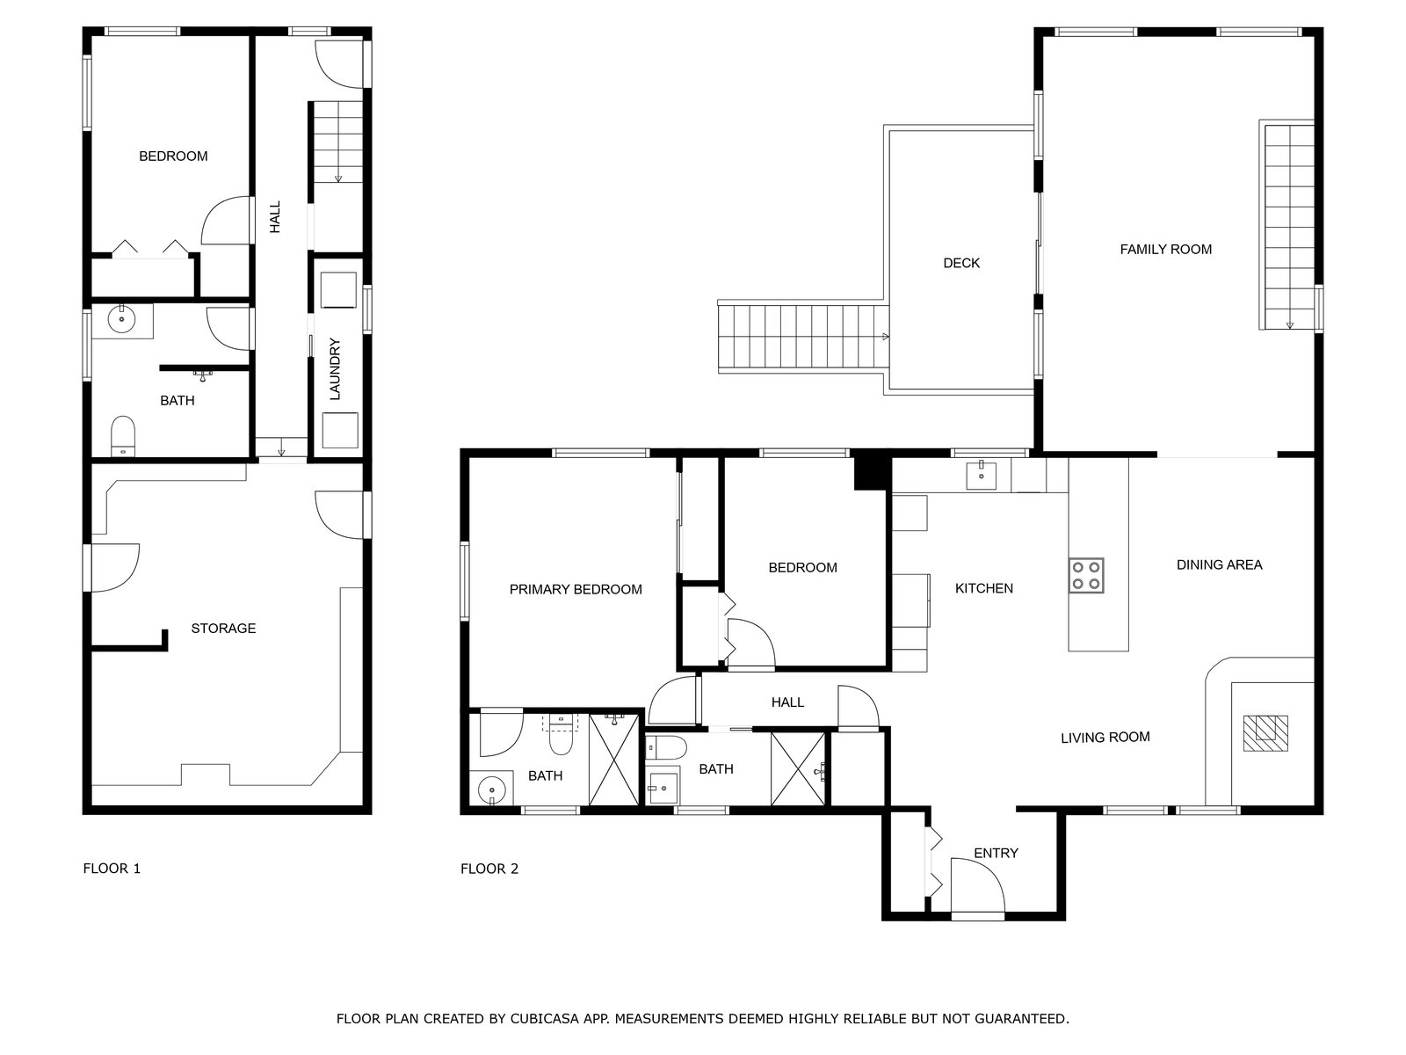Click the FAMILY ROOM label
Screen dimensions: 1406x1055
coord(1165,249)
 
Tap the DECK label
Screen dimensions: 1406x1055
coord(960,263)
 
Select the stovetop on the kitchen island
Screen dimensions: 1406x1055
coord(1086,575)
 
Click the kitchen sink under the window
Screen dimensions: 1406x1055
coord(981,475)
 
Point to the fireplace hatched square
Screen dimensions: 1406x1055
coord(1265,733)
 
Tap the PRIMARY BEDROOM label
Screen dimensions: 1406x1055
coord(576,589)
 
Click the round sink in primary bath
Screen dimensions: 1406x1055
coord(492,788)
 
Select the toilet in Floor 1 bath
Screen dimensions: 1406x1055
coord(123,435)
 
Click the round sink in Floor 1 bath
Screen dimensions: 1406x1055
coord(120,319)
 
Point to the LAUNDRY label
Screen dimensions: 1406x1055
coord(335,369)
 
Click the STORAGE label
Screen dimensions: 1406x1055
coord(223,629)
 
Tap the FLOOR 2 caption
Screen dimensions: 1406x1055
coord(489,869)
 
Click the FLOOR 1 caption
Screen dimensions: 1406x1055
coord(112,868)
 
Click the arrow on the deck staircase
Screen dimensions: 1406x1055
coord(885,337)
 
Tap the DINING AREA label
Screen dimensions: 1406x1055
coord(1219,565)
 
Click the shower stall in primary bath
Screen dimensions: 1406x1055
coord(613,760)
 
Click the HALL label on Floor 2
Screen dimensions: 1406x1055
coord(787,702)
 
